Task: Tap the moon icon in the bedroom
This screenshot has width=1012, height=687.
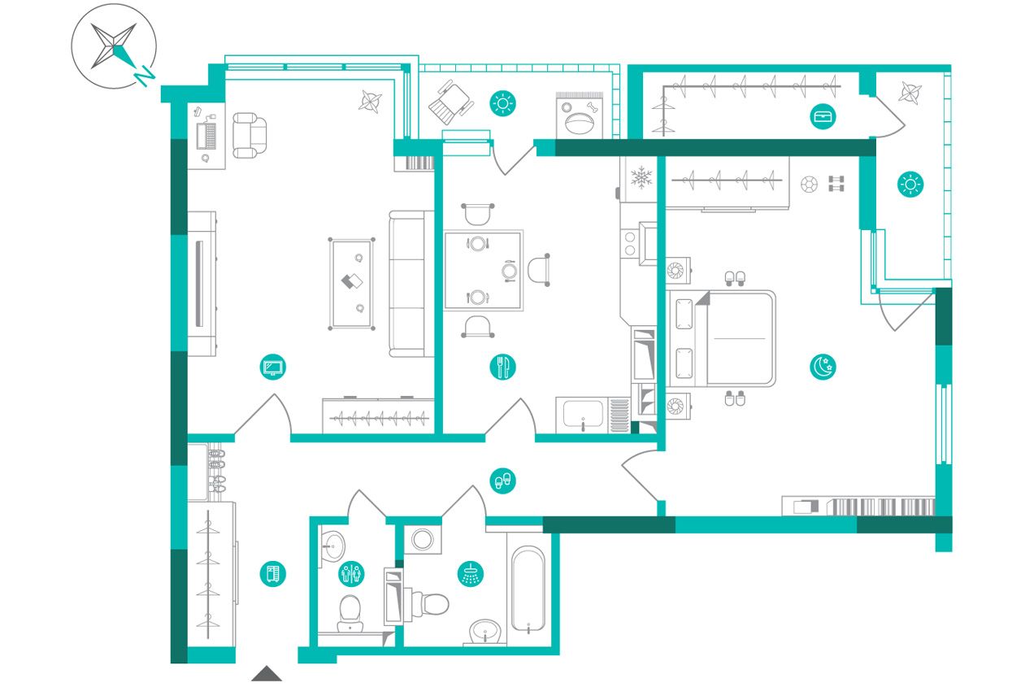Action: pyautogui.click(x=823, y=367)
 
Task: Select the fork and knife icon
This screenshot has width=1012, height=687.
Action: pyautogui.click(x=503, y=367)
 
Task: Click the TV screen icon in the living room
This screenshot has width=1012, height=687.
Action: pyautogui.click(x=273, y=367)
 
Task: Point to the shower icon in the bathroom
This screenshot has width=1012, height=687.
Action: pyautogui.click(x=471, y=575)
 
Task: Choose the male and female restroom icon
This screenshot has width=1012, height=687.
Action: pyautogui.click(x=351, y=574)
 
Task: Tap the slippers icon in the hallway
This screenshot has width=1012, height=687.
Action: pyautogui.click(x=503, y=480)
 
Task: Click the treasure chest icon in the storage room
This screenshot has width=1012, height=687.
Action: pyautogui.click(x=823, y=116)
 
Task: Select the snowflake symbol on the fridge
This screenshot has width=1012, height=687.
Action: pyautogui.click(x=641, y=177)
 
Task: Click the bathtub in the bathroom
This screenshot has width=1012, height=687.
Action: pyautogui.click(x=528, y=589)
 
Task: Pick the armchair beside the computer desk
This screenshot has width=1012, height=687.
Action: pyautogui.click(x=250, y=135)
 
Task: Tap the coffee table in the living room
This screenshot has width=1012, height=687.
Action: pyautogui.click(x=352, y=284)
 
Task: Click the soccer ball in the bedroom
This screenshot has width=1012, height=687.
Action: pyautogui.click(x=809, y=185)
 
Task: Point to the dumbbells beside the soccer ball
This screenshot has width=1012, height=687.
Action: pyautogui.click(x=836, y=184)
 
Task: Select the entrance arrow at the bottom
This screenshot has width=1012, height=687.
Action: pyautogui.click(x=267, y=673)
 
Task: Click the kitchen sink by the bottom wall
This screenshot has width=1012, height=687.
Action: pyautogui.click(x=583, y=415)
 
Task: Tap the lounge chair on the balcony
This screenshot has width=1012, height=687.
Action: pyautogui.click(x=451, y=103)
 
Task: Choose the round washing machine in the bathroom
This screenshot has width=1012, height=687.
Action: pyautogui.click(x=423, y=540)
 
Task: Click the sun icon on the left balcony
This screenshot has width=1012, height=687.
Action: pyautogui.click(x=503, y=103)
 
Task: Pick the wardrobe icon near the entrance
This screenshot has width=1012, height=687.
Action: pyautogui.click(x=273, y=574)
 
